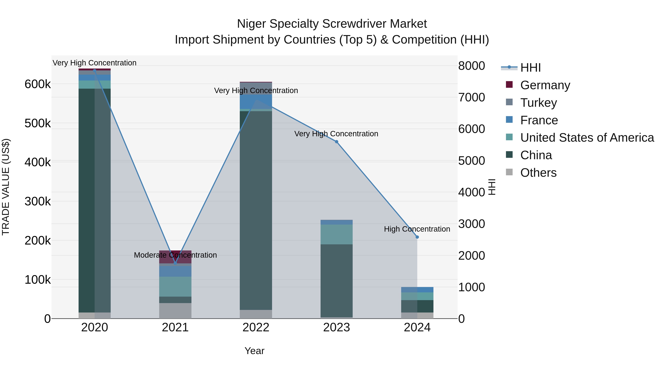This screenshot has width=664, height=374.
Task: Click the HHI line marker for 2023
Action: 336,142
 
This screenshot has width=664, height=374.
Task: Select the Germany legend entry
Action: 545,85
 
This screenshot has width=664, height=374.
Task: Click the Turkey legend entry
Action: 538,103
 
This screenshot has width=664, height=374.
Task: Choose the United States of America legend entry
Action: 587,138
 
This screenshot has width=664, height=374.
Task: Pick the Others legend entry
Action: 538,173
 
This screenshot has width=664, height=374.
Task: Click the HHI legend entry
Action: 530,68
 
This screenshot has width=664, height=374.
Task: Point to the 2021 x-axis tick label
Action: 175,327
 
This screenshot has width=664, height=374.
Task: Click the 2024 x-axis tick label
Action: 417,327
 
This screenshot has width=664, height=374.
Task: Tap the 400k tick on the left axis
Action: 38,162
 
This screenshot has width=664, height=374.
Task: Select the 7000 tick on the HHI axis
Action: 471,98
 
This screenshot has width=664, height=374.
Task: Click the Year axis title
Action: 254,351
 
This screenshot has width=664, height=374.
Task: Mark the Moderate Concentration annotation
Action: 175,255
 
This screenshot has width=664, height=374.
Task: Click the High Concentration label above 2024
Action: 417,229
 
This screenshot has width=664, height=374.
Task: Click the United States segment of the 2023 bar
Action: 336,234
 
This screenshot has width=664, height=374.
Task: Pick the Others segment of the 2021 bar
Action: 175,311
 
